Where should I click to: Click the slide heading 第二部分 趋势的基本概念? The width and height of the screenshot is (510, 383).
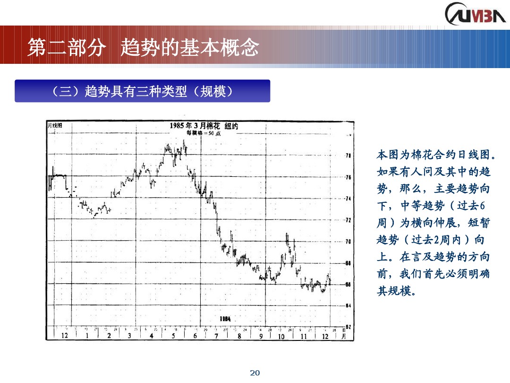(143, 48)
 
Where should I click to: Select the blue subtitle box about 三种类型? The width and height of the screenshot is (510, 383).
(142, 91)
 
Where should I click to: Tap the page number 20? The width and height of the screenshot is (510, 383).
(255, 373)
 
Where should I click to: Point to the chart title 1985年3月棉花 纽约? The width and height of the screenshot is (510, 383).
(204, 126)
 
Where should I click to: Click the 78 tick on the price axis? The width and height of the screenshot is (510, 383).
(348, 155)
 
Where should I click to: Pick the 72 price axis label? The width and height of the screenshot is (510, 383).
(348, 220)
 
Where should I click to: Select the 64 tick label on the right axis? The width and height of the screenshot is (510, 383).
(348, 305)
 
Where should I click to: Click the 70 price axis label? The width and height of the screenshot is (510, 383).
(348, 242)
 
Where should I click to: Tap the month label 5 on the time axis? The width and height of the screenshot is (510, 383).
(173, 336)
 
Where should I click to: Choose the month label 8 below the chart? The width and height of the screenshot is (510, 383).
(239, 336)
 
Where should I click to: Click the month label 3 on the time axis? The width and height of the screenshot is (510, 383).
(129, 336)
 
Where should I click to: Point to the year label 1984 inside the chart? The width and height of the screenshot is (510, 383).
(225, 318)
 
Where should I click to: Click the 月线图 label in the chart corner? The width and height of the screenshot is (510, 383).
(55, 125)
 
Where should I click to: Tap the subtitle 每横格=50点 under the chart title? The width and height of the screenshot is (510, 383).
(204, 133)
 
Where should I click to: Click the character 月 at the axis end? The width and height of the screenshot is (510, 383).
(344, 336)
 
